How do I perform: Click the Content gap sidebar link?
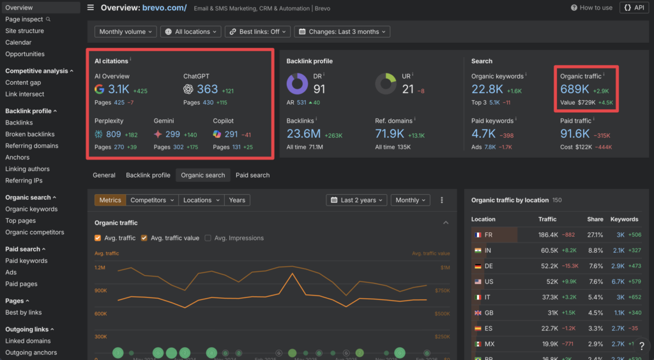23,82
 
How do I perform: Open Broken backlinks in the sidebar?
30,134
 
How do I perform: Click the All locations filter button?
191,32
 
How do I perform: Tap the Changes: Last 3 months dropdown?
342,32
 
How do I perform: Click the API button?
634,8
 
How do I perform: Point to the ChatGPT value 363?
208,89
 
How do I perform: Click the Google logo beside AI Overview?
100,89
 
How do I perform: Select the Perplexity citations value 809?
114,134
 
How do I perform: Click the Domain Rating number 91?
319,89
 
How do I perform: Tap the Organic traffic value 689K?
575,89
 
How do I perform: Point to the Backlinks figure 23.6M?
303,133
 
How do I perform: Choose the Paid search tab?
252,175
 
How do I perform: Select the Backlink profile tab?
148,175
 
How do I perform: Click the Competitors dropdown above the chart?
152,200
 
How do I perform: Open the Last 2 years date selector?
357,200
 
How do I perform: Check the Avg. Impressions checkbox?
208,238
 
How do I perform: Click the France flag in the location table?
477,235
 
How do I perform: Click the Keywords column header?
624,219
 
